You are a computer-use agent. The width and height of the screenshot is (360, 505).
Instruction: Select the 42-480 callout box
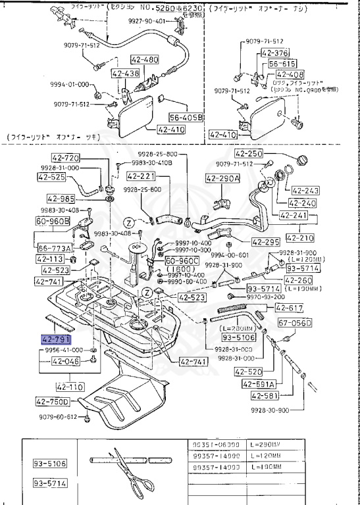pyautogui.click(x=145, y=60)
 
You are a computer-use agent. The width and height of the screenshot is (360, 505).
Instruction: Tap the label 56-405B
pyautogui.click(x=186, y=118)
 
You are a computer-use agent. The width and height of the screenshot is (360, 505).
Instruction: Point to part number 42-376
pyautogui.click(x=274, y=53)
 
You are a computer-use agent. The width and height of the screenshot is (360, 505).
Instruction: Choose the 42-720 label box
pyautogui.click(x=65, y=158)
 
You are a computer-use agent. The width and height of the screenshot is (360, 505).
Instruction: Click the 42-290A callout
pyautogui.click(x=224, y=178)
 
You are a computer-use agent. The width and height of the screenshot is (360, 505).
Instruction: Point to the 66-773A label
pyautogui.click(x=55, y=248)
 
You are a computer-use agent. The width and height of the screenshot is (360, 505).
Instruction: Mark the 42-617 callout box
pyautogui.click(x=289, y=308)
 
